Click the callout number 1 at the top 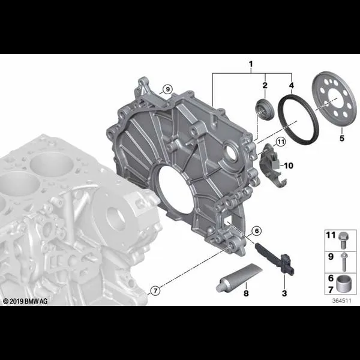[x=251, y=64]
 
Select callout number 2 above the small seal [x=265, y=85]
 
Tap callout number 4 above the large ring [x=292, y=85]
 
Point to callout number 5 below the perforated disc [x=342, y=138]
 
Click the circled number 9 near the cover [x=167, y=89]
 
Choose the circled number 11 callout [x=281, y=142]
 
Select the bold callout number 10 [x=289, y=166]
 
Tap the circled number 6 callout [x=256, y=231]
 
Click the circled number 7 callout [x=155, y=291]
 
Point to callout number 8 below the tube [x=246, y=293]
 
